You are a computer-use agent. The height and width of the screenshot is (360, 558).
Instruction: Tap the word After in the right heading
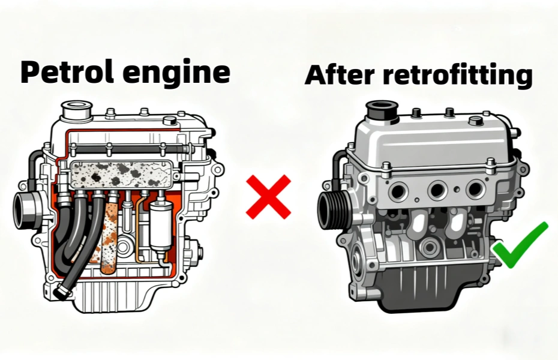[x=340, y=75]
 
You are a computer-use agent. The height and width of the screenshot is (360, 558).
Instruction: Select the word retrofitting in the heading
[x=458, y=76]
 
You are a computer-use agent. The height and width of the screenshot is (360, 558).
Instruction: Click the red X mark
[x=269, y=197]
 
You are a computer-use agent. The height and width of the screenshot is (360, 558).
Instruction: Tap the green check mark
[x=520, y=245]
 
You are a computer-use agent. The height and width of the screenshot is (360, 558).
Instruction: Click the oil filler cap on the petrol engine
[x=77, y=110]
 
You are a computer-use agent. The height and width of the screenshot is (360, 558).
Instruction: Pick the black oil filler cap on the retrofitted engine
[x=382, y=112]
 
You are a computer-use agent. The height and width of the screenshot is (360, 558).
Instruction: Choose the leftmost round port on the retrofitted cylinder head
[x=398, y=191]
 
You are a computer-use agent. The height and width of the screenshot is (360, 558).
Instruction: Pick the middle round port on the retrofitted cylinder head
[x=437, y=190]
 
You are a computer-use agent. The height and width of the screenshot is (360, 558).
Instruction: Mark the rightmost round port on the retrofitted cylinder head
[x=475, y=189]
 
